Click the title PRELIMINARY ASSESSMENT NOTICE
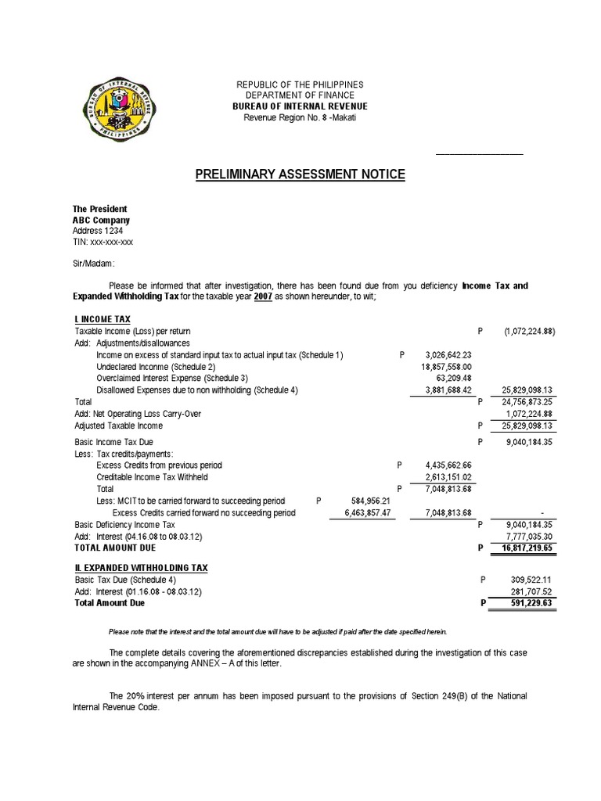coord(300,174)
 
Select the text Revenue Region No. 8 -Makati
coord(300,117)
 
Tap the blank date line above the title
coord(479,153)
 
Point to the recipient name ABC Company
coord(101,221)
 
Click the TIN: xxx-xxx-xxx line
coord(103,242)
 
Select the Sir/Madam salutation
coord(93,264)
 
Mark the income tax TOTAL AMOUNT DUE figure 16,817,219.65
coord(524,548)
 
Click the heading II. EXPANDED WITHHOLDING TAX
coord(141,567)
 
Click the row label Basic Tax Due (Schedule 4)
coord(125,580)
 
